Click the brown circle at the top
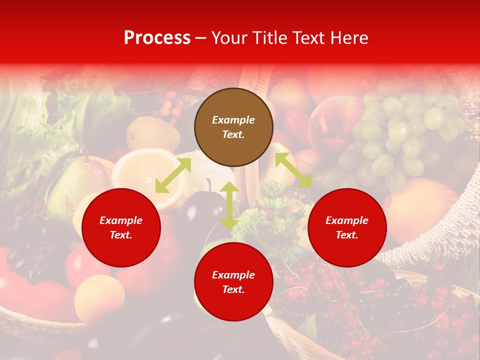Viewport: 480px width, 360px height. pos(233,127)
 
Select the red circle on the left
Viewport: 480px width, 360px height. pos(121,227)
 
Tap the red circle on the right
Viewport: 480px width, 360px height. pos(347,227)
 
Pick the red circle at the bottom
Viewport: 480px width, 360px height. pos(233,282)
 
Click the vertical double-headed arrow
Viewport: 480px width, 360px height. pos(229,205)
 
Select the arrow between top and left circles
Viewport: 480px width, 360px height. pos(173,175)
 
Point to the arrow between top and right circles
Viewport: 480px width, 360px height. pos(293,170)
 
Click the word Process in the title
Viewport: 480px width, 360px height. pos(157,38)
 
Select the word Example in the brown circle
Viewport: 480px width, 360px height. pos(233,120)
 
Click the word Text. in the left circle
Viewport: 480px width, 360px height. pos(121,235)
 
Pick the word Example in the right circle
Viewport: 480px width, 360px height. pos(347,220)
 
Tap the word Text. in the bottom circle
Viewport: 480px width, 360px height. pos(233,289)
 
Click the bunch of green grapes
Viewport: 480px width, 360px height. pos(395,135)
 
